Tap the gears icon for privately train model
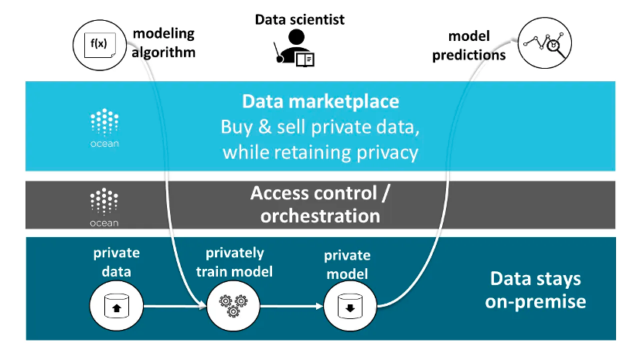tap(231, 306)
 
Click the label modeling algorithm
tap(164, 43)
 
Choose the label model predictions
tap(469, 46)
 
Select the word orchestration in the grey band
tap(320, 216)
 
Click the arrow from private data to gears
tap(172, 307)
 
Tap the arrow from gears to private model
tap(290, 307)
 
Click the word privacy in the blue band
tap(387, 152)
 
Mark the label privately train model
tap(234, 263)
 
